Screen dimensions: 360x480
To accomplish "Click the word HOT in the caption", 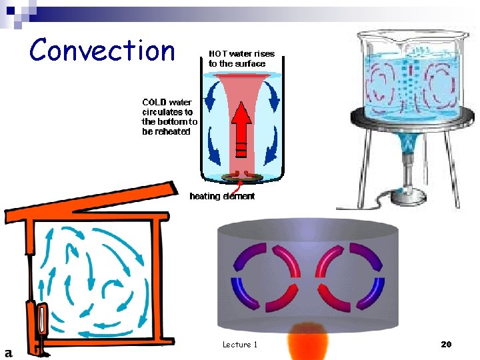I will click(219, 54).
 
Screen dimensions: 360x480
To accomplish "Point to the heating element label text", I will click(222, 196).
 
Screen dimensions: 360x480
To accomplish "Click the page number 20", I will click(446, 344).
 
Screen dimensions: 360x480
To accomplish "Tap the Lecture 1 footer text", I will click(240, 344).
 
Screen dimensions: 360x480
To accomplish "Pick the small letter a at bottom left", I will click(9, 352).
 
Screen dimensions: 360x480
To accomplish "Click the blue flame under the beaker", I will click(405, 143).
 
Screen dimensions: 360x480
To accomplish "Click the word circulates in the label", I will click(167, 112).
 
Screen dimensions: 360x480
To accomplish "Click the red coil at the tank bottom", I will click(241, 176).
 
